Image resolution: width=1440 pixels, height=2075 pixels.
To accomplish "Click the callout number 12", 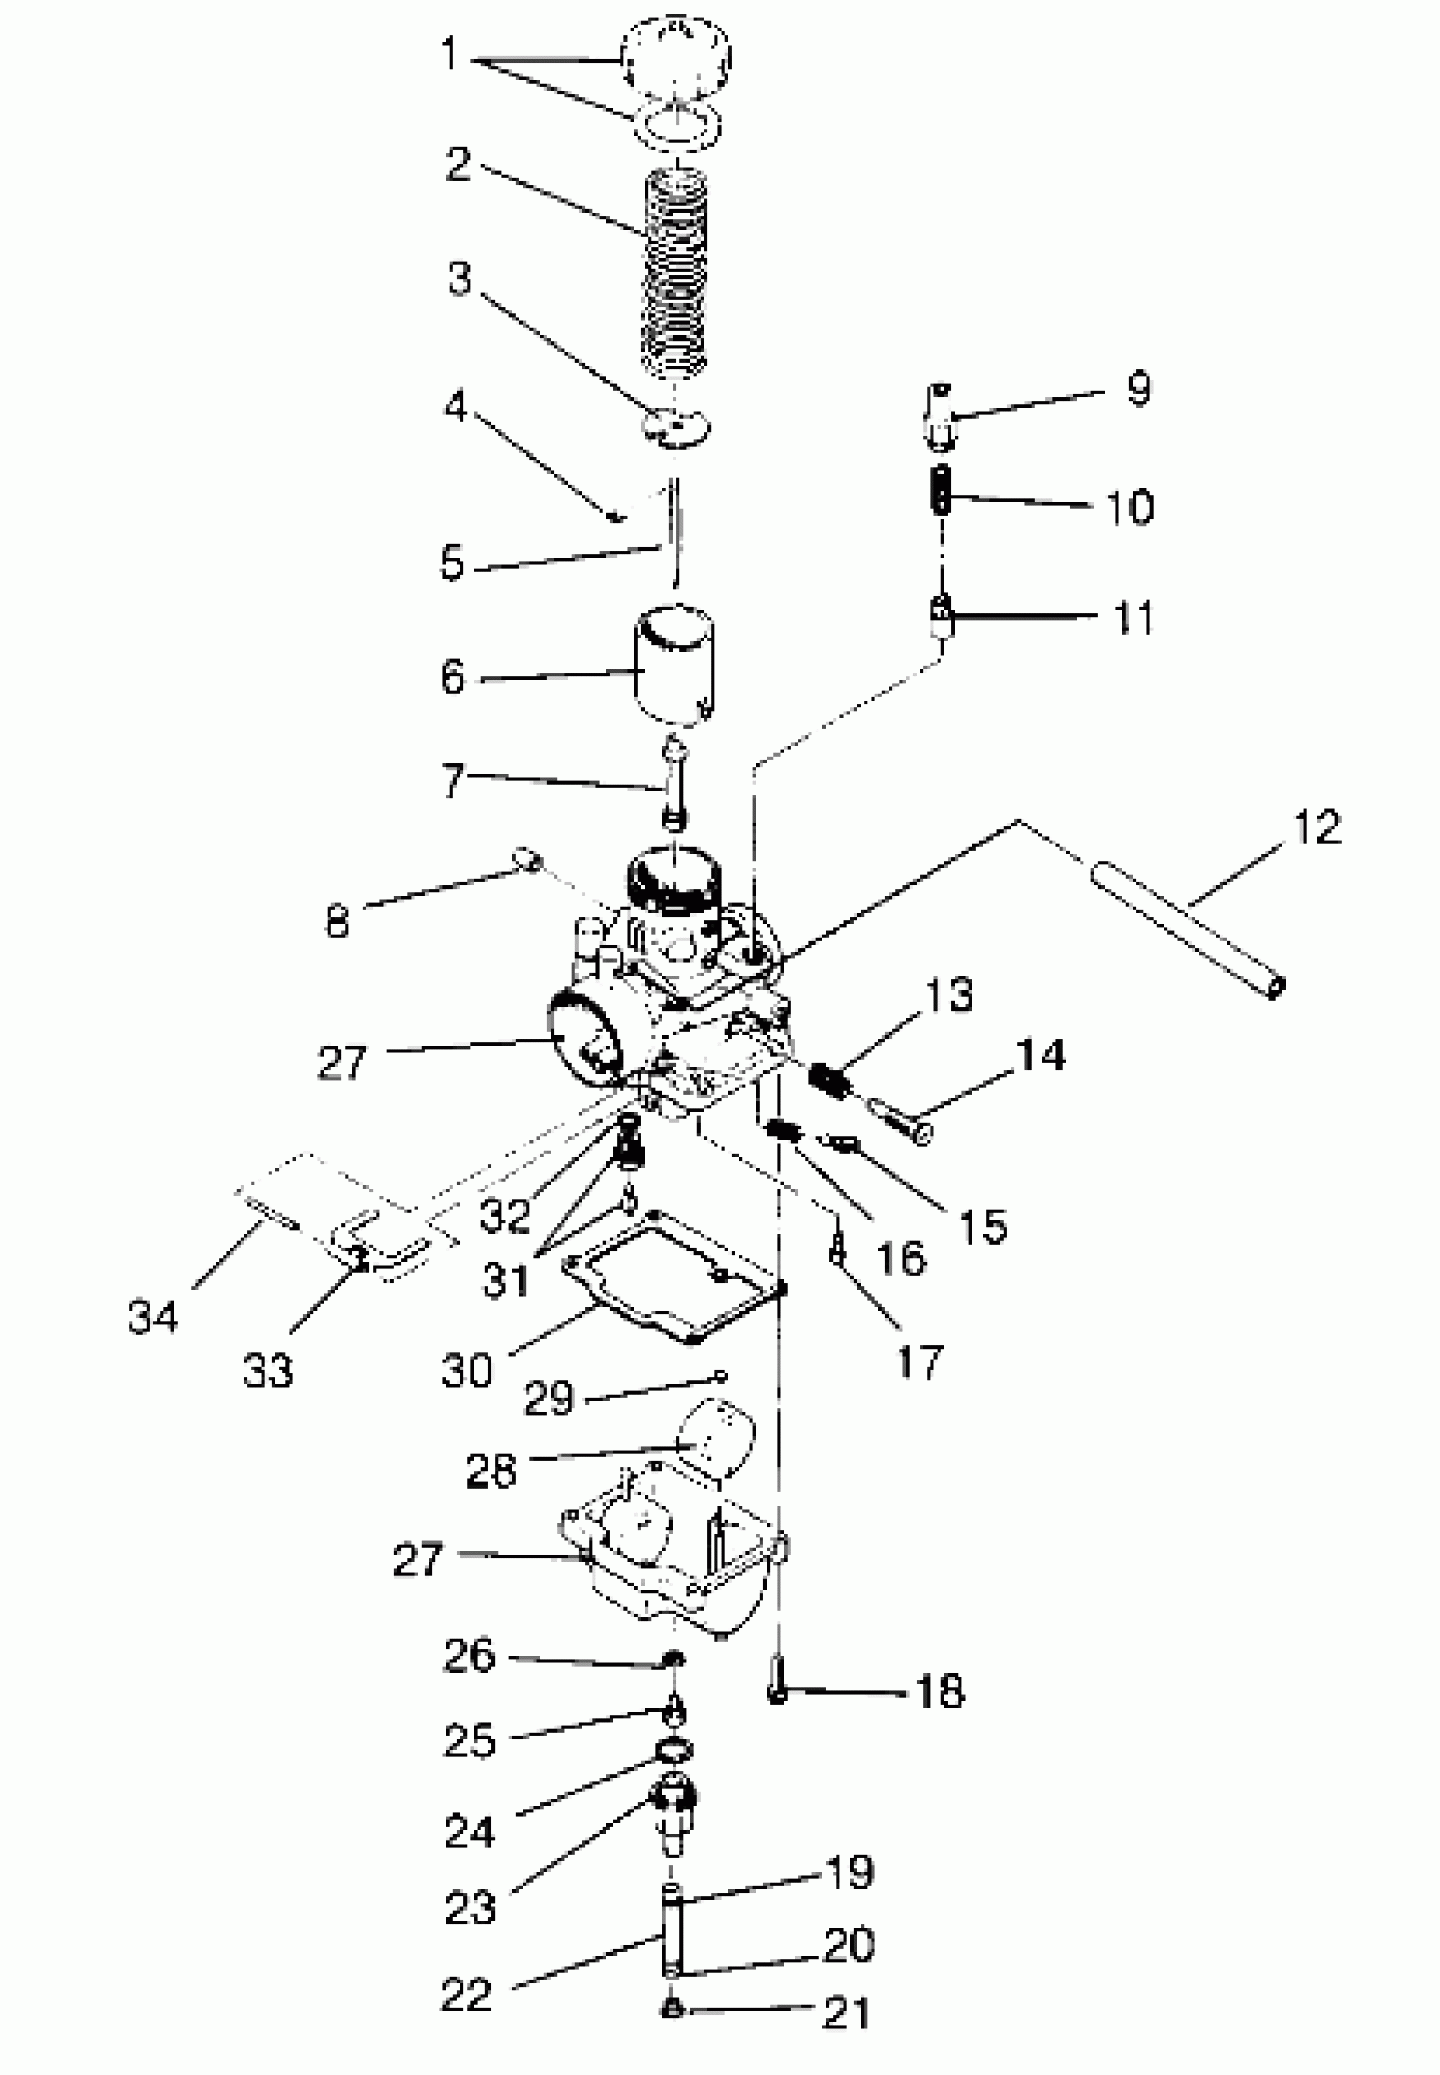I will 1316,827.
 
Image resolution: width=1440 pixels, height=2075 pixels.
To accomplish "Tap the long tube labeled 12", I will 1187,929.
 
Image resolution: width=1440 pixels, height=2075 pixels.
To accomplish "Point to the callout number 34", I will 152,1317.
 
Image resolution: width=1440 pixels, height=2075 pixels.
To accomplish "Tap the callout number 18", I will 939,1691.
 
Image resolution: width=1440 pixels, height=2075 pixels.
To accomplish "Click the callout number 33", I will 268,1370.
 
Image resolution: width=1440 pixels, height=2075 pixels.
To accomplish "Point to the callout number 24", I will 469,1830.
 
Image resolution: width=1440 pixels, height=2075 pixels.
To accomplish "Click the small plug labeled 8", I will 526,858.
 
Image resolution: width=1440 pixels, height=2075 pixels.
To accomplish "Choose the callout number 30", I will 467,1370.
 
